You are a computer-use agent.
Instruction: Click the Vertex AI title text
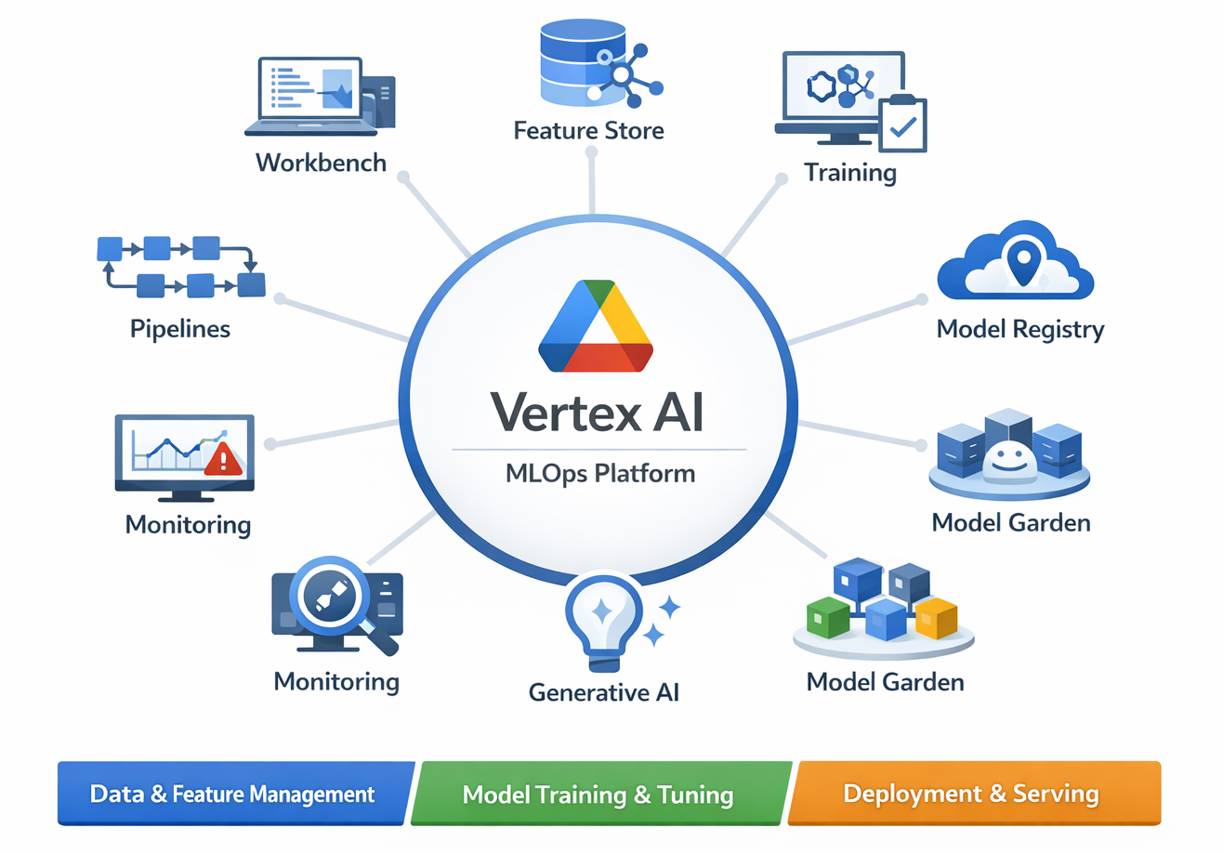tap(596, 411)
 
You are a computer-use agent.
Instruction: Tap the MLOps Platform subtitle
tap(600, 474)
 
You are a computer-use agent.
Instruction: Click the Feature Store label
tap(589, 129)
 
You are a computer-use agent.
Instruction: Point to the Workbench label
tap(321, 163)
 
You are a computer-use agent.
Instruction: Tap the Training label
tap(850, 173)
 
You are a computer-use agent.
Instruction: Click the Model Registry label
tap(1020, 329)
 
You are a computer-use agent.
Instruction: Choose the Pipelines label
tap(180, 329)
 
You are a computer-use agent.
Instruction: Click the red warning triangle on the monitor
tap(223, 459)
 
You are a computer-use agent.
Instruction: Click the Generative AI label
tap(604, 691)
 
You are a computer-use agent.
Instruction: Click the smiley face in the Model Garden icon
tap(1007, 458)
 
